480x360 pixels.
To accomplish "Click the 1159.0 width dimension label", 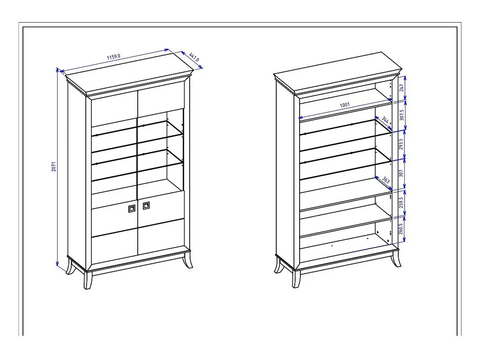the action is click(x=114, y=57).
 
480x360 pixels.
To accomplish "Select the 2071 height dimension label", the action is click(x=54, y=167).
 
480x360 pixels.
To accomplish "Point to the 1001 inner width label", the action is click(x=345, y=105).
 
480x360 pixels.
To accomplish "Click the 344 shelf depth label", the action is click(x=385, y=120).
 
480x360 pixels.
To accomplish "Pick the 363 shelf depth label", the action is click(x=386, y=180).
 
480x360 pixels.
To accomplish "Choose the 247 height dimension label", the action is click(x=402, y=88).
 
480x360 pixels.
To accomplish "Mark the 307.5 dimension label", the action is click(x=402, y=115).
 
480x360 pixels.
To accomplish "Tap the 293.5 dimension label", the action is click(x=401, y=144).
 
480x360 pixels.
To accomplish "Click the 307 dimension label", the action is click(x=401, y=173).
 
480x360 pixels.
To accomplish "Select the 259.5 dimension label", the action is click(x=401, y=202).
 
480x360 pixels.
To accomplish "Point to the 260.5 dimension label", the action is click(x=401, y=229).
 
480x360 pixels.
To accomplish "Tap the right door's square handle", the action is click(x=146, y=205).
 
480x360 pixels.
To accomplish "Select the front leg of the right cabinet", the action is click(x=296, y=279).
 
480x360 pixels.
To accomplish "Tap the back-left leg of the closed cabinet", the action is click(x=70, y=266).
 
